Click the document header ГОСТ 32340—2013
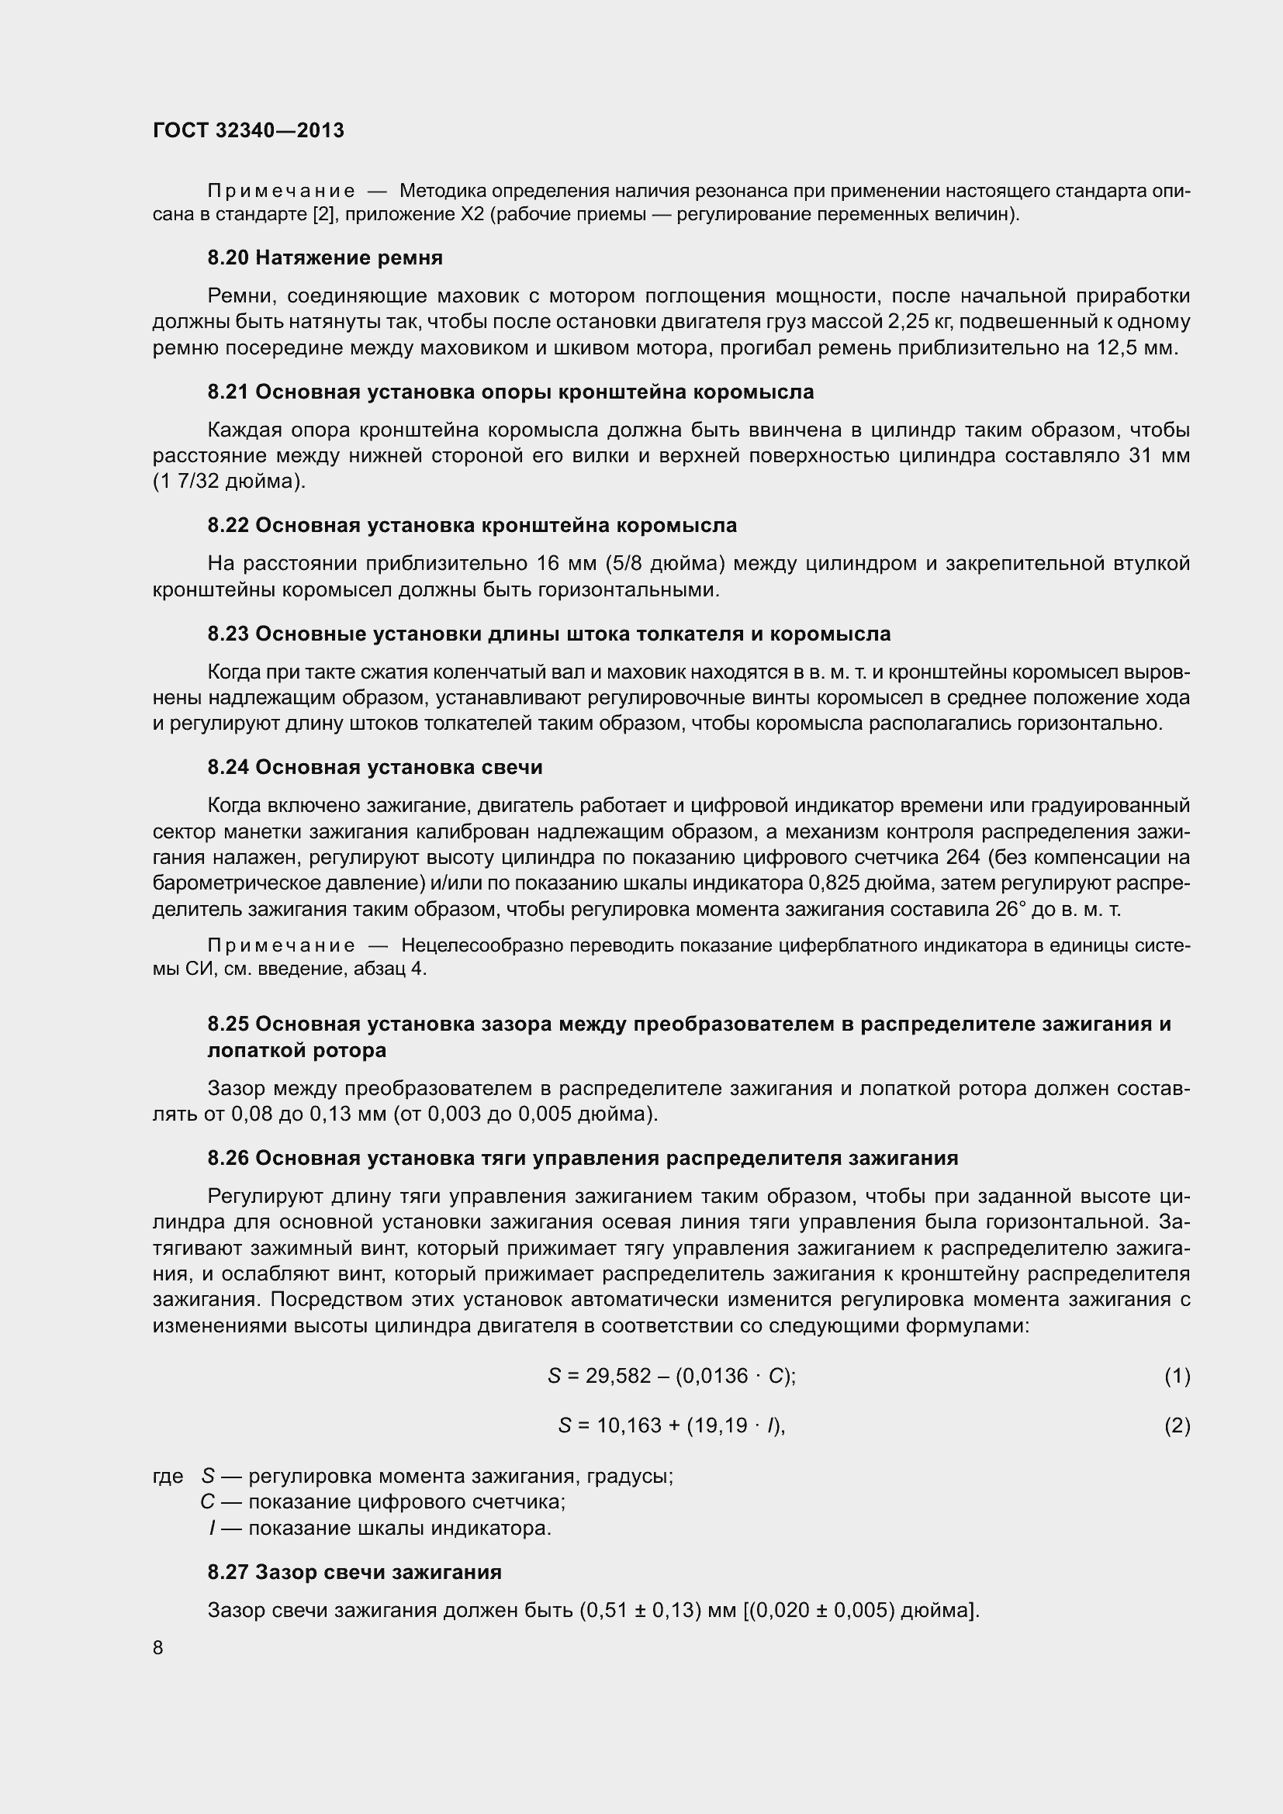(x=248, y=131)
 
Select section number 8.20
(x=227, y=257)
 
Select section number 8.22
(x=227, y=525)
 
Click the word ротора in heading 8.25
(x=352, y=1050)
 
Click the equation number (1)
(x=1177, y=1377)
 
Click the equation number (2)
(x=1177, y=1425)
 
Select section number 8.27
(x=227, y=1572)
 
